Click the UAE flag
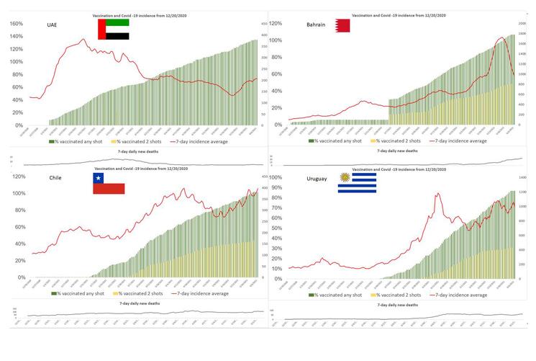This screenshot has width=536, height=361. (x=114, y=30)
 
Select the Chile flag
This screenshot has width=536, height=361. (x=108, y=183)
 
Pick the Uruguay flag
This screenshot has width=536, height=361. (x=358, y=184)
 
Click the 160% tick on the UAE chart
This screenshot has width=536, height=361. (x=16, y=23)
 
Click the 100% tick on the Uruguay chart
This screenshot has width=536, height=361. (x=276, y=177)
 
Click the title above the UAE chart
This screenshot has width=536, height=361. (x=142, y=15)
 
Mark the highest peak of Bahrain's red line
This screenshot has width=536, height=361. (x=501, y=37)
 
